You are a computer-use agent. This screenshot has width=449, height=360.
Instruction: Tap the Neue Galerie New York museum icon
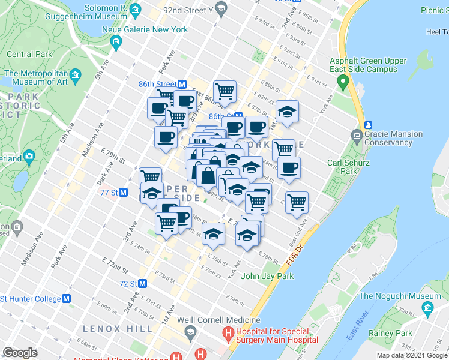pos(116,41)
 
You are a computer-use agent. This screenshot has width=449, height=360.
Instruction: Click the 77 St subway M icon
pos(123,193)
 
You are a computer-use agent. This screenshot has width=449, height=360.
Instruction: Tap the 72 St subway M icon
pos(142,283)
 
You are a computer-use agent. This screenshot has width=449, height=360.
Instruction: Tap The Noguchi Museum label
pos(408,296)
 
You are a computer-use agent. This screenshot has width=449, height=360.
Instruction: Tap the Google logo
pos(20,353)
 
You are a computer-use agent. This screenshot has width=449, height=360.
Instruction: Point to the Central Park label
pos(28,54)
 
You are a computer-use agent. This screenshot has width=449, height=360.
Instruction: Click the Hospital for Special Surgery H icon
pos(228,332)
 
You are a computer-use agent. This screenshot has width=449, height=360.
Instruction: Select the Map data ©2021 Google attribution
pos(411,355)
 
